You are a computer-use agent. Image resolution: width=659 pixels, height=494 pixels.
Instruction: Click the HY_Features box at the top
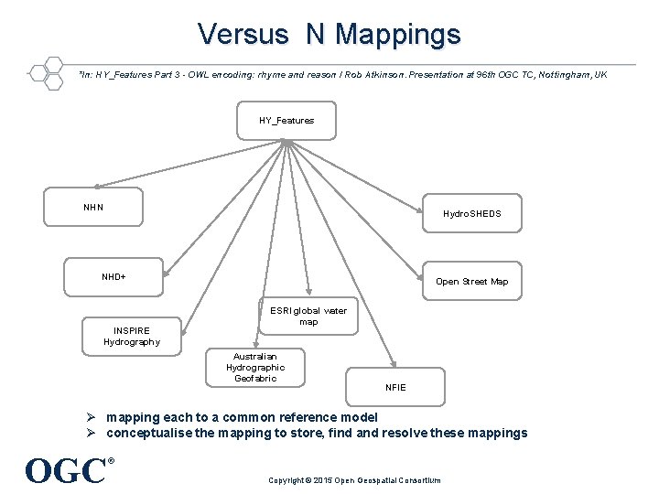pos(286,120)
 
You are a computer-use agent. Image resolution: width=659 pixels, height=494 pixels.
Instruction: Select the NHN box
pos(94,207)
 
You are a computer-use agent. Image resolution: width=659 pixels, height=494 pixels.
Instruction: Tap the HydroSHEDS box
pos(471,213)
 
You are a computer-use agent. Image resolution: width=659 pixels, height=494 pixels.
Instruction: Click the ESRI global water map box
pos(308,317)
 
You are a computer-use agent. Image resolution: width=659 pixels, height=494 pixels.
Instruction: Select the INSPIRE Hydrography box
pos(131,336)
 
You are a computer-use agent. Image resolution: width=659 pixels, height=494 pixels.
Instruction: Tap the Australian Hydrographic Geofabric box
pos(255,367)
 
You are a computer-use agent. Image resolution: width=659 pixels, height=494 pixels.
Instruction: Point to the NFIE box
pos(395,387)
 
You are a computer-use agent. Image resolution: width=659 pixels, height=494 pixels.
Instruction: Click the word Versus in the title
pos(242,35)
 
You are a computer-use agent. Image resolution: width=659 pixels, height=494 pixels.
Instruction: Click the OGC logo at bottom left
pos(67,470)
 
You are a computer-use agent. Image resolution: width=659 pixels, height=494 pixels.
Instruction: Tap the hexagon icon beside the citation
pos(46,74)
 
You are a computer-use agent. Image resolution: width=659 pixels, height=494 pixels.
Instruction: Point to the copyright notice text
pos(354,480)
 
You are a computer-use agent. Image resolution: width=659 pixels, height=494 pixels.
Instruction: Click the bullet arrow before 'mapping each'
pos(92,417)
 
